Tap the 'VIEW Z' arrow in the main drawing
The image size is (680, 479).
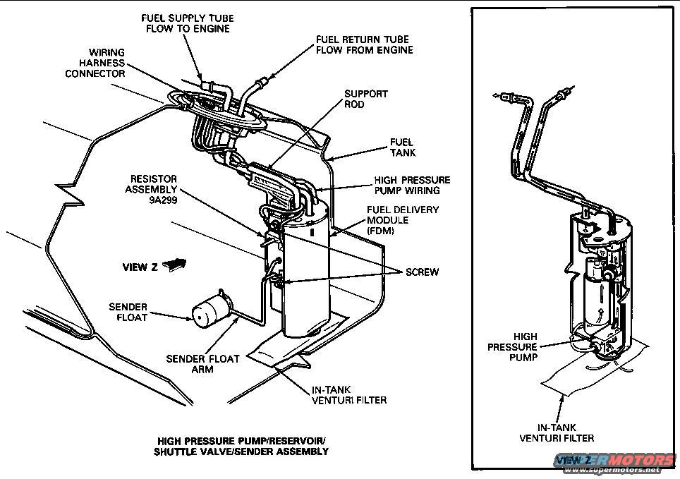pos(174,265)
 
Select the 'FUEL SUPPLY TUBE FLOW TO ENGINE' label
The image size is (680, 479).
pos(188,23)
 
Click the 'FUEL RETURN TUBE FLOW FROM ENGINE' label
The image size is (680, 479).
pos(364,44)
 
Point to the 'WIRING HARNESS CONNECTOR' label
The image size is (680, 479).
pos(96,63)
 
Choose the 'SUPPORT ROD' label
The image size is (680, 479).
pos(365,99)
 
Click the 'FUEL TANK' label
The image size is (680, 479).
pos(403,147)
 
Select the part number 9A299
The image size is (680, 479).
pos(162,200)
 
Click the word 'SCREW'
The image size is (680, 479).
pos(422,272)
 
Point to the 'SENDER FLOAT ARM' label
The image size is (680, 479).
pos(202,364)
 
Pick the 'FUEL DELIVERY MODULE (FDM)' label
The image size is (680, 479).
pos(403,220)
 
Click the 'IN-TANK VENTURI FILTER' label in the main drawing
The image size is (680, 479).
pos(349,395)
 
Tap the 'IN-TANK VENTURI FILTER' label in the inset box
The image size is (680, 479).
pos(557,432)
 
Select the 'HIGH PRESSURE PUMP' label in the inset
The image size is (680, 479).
pos(513,347)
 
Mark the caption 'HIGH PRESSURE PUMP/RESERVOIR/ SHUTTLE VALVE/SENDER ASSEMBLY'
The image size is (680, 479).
pos(241,447)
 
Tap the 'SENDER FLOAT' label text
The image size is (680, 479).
pos(128,312)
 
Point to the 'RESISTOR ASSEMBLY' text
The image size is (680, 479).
pos(152,184)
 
